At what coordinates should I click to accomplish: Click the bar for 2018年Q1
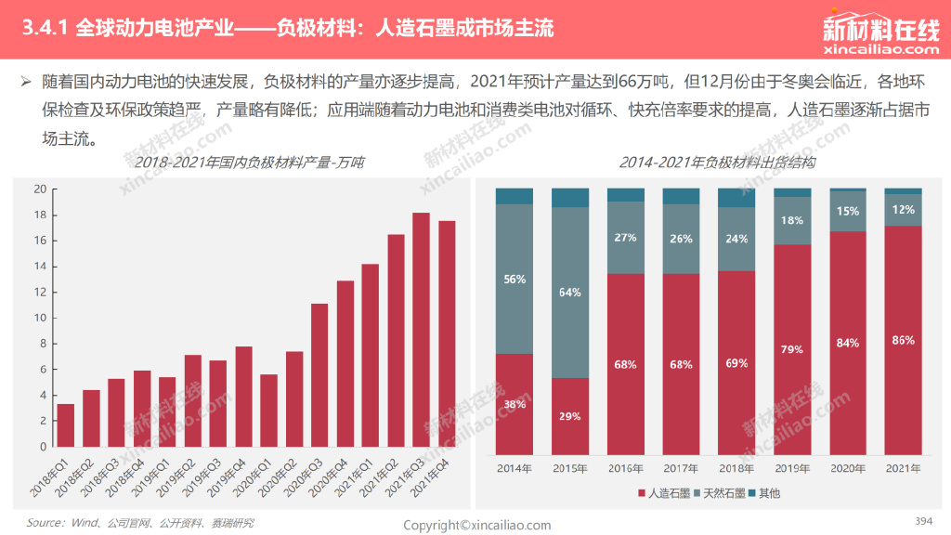[66, 425]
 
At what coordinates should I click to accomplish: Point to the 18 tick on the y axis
[40, 215]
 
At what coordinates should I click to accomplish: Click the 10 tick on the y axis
[40, 318]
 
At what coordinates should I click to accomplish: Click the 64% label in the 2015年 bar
[569, 293]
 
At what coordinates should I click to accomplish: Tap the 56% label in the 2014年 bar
[514, 280]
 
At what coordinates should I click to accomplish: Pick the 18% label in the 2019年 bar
[792, 221]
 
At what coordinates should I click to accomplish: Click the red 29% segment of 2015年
[569, 415]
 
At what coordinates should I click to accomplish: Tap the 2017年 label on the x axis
[681, 468]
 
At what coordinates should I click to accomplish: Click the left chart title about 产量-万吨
[249, 163]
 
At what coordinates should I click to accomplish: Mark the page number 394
[923, 520]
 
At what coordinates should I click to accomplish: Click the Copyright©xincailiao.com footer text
[476, 525]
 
